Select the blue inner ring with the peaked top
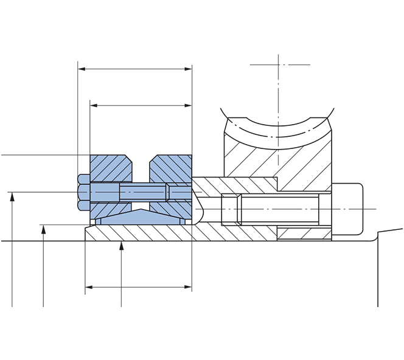coord(141,218)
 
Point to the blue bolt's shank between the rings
coord(141,192)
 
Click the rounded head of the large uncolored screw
coord(347,209)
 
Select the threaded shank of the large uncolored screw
coord(280,209)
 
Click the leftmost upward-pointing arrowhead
coord(12,196)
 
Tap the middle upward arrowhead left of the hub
coord(44,228)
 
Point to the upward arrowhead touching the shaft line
coord(122,245)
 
